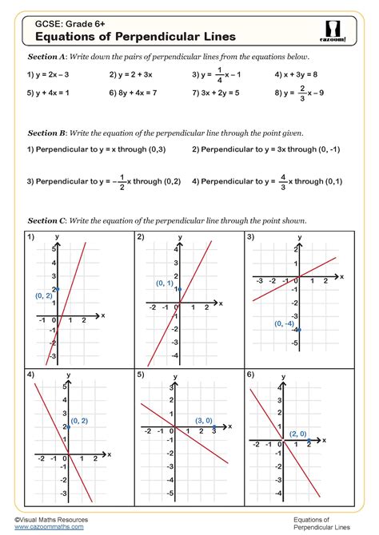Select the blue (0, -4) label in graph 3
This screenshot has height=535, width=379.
point(284,323)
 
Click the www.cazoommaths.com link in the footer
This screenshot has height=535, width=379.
point(50,528)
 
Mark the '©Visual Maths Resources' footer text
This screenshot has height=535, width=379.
point(56,519)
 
